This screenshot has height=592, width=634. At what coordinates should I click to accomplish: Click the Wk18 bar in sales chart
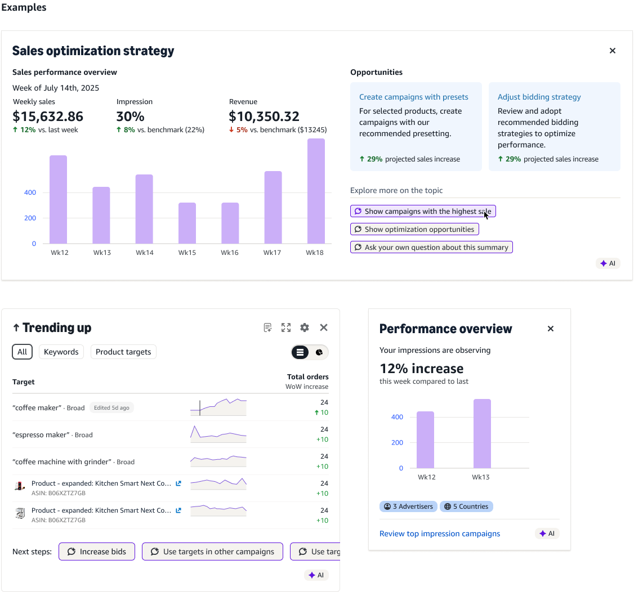(x=316, y=191)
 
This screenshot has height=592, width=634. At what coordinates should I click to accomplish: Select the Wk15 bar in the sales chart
(x=187, y=223)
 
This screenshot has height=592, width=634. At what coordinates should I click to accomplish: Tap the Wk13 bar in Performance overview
(x=482, y=434)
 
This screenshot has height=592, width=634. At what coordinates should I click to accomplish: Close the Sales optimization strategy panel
(x=613, y=51)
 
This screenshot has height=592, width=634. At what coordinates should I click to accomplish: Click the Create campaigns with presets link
(x=414, y=97)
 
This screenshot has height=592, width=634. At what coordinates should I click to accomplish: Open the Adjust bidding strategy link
(x=539, y=97)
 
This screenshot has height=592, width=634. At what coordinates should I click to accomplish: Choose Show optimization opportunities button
(x=414, y=229)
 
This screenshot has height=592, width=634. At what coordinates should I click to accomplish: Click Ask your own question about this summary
(x=431, y=247)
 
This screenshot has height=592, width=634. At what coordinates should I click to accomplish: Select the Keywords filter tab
(x=61, y=352)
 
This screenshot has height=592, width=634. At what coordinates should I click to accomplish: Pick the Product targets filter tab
(x=123, y=352)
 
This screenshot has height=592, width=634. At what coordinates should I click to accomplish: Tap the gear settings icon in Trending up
(x=305, y=328)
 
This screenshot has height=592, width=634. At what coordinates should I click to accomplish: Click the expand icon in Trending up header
(x=286, y=328)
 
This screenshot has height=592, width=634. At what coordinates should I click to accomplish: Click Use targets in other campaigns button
(x=212, y=551)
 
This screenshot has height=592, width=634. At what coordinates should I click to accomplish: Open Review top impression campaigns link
(x=440, y=534)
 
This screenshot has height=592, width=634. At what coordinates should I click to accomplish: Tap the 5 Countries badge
(x=466, y=506)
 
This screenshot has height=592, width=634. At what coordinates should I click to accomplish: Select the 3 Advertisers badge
(x=408, y=506)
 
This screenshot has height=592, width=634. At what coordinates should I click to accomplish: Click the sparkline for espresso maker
(x=218, y=434)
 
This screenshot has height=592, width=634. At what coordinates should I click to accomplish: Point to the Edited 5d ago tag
(x=111, y=408)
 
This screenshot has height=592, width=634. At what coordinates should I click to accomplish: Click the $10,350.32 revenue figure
(x=264, y=116)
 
